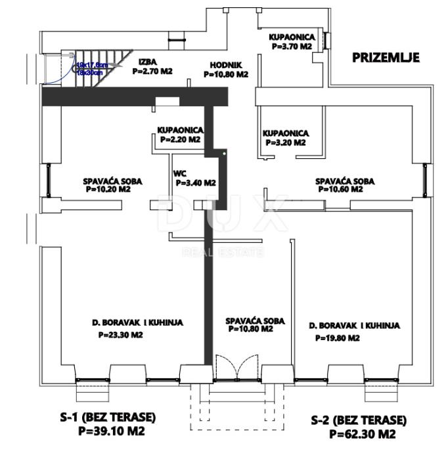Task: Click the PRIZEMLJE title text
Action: tap(386, 57)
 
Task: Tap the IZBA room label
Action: tap(147, 63)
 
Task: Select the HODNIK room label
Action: tap(226, 65)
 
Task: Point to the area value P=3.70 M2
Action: tap(291, 47)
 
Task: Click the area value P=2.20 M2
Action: tap(179, 140)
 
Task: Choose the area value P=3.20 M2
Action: tap(285, 142)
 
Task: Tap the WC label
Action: tap(179, 174)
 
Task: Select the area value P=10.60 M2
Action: tap(340, 189)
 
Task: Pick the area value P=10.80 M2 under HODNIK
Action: tap(225, 74)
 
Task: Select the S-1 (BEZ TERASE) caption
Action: tap(108, 417)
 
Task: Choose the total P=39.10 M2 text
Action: tap(111, 431)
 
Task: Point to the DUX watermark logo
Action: tap(223, 217)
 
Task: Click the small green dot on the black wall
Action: tap(225, 154)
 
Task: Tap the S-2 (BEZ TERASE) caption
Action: tap(359, 420)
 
